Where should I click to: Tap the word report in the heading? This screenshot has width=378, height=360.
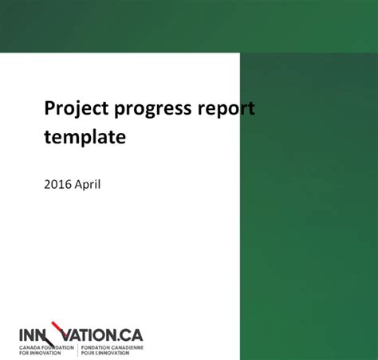click(226, 109)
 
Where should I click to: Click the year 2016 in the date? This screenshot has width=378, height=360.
click(57, 184)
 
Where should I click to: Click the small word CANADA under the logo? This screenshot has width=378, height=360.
click(29, 347)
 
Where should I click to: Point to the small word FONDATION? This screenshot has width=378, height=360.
click(93, 347)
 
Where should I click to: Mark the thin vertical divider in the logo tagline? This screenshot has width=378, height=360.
click(77, 350)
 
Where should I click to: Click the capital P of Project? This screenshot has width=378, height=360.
click(49, 108)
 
